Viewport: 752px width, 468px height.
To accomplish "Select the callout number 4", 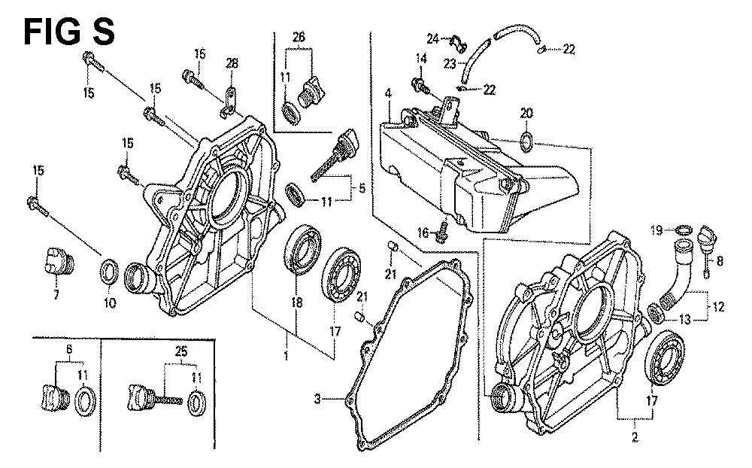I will [388, 94].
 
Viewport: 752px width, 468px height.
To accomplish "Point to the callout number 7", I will [55, 295].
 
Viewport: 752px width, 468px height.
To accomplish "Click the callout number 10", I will [108, 303].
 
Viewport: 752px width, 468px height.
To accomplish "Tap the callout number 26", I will [299, 37].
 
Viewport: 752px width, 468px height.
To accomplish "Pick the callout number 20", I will [526, 113].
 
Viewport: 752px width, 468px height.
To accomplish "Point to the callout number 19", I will [656, 229].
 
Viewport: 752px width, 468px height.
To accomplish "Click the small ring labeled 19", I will [683, 229].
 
